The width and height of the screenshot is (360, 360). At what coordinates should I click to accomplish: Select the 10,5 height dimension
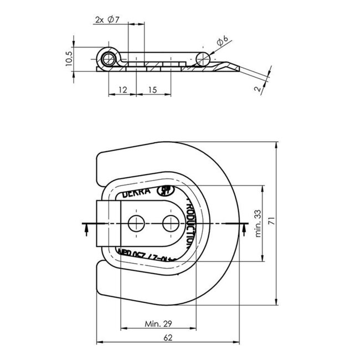pos(68,59)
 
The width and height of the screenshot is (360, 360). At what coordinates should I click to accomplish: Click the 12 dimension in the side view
pos(122,89)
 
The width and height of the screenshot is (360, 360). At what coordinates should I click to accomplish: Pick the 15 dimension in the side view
pos(153,89)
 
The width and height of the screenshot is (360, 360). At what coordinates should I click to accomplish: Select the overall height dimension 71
pos(271,220)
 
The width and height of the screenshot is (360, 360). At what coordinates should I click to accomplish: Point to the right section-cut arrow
pos(241,229)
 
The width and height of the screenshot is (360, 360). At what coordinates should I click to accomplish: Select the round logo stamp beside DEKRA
pos(165,192)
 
